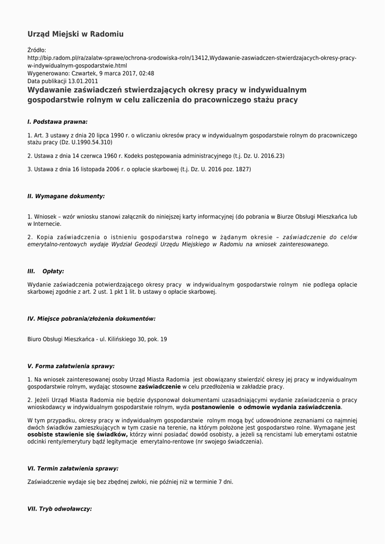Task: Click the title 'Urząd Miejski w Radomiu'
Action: point(75,34)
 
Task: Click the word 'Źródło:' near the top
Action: point(37,50)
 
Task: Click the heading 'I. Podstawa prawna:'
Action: point(57,122)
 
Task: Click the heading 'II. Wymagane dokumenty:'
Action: point(66,196)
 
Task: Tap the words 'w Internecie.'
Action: point(45,224)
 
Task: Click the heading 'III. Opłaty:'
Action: point(46,271)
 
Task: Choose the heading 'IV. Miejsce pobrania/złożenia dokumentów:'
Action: point(91,319)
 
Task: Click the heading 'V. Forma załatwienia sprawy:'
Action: point(71,366)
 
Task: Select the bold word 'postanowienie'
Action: point(213,407)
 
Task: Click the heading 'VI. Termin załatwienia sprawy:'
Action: point(73,469)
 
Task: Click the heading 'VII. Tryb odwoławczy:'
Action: point(59,508)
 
